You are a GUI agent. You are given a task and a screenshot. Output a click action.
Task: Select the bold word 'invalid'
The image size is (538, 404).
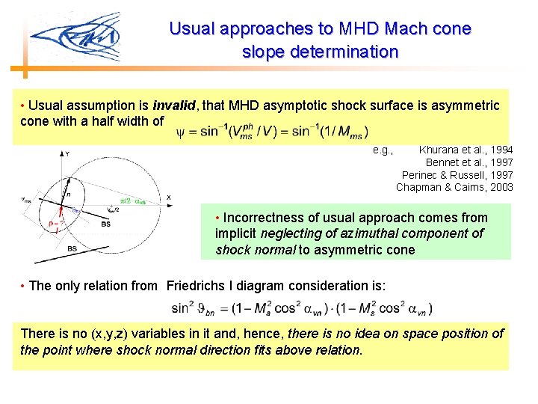(173, 105)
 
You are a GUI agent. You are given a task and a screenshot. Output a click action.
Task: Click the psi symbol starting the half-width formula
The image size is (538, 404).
(179, 133)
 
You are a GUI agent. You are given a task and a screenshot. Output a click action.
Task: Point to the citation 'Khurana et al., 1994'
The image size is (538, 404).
(466, 150)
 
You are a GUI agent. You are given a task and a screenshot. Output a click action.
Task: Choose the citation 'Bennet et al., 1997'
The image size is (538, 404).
(469, 162)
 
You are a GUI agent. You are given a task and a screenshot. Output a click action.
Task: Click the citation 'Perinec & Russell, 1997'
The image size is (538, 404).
(457, 174)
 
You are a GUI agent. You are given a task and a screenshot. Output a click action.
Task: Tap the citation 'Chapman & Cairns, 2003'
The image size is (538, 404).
(454, 186)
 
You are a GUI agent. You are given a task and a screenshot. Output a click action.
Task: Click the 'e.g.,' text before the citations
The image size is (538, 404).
(383, 150)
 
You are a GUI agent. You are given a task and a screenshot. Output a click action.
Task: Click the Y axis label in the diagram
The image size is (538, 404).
(67, 153)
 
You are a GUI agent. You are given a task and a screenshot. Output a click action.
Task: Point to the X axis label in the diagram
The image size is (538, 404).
(169, 197)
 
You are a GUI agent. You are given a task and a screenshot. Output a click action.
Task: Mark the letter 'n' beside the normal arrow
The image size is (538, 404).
(68, 192)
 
